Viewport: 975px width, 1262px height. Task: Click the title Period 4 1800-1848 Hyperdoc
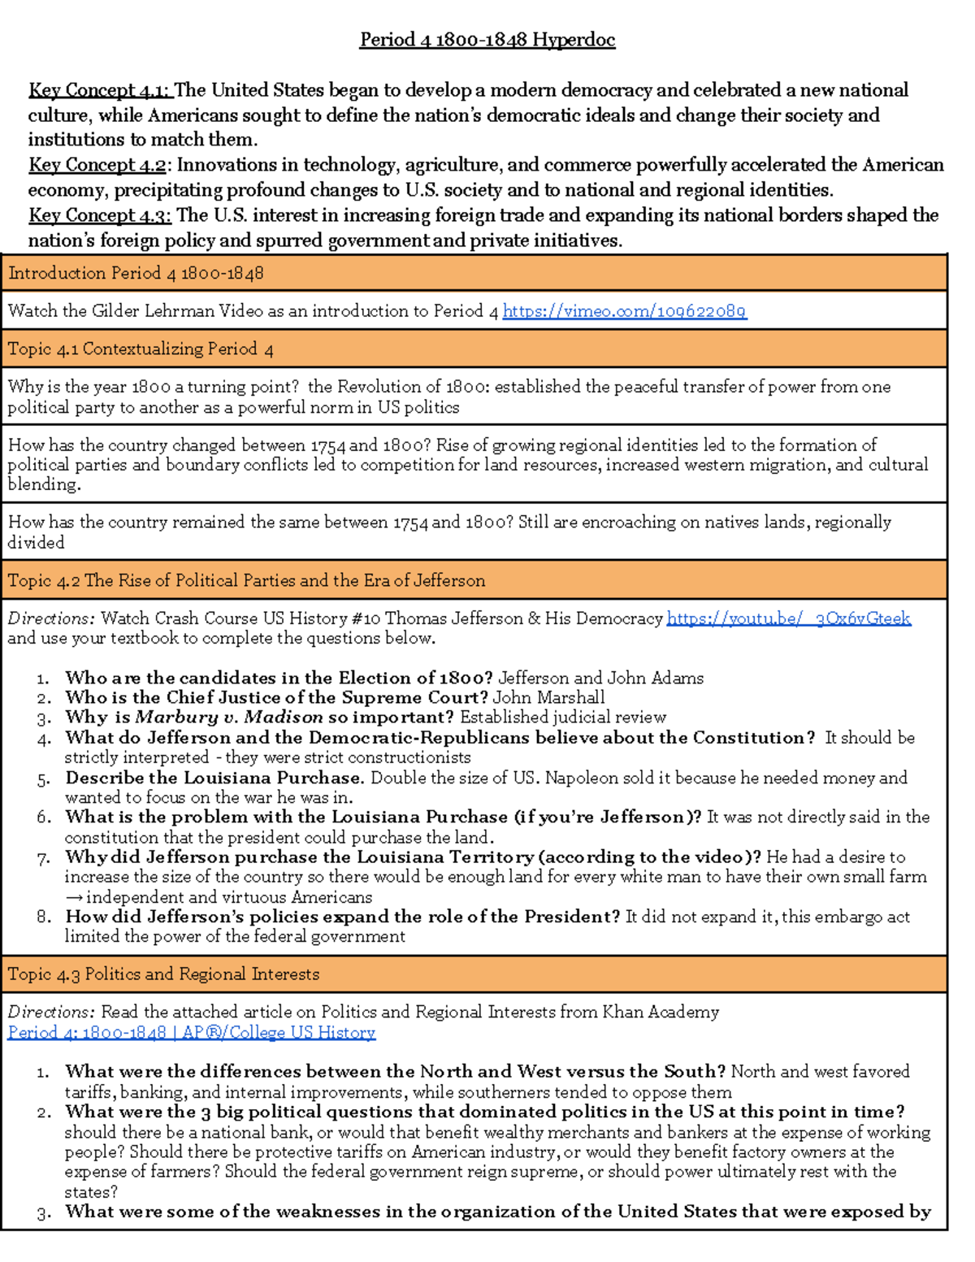tap(487, 40)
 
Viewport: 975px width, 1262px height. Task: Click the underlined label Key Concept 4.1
tap(99, 90)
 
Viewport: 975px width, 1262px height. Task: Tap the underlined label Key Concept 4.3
tap(99, 215)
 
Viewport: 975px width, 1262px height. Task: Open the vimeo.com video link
tap(624, 311)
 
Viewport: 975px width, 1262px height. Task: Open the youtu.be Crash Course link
tap(788, 618)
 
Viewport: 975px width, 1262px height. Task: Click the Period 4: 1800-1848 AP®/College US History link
tap(191, 1032)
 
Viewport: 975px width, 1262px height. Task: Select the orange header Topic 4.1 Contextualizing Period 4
tap(141, 349)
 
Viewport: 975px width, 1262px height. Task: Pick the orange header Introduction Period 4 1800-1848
tap(136, 274)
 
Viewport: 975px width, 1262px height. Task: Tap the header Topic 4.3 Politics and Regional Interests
tap(163, 974)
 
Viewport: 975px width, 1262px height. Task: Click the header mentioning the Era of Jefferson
tap(246, 581)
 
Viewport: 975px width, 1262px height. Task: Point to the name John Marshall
tap(548, 698)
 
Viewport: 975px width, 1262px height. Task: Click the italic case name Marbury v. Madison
tap(229, 718)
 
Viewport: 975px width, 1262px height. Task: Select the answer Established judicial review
tap(562, 718)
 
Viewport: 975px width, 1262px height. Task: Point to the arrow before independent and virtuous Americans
tap(74, 897)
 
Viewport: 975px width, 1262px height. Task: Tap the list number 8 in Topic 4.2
tap(45, 917)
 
